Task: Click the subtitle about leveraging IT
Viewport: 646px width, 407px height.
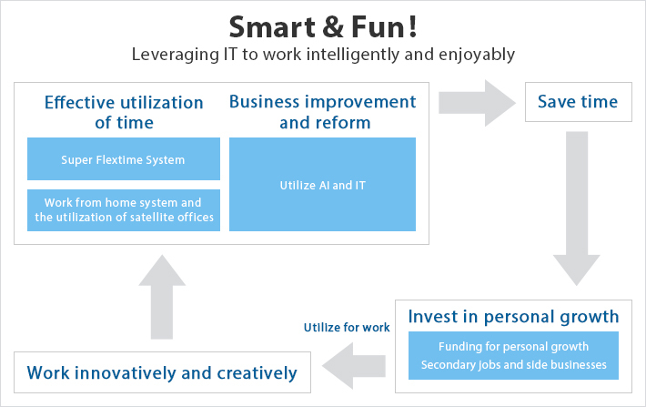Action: point(323,55)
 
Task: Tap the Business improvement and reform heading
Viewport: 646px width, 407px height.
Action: point(322,112)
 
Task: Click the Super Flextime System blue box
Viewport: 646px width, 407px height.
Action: point(124,159)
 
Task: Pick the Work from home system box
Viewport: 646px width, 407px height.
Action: point(124,209)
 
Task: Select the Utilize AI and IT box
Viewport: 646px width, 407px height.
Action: point(322,185)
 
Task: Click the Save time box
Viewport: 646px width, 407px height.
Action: point(578,102)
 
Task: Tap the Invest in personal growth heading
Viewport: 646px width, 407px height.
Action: point(513,317)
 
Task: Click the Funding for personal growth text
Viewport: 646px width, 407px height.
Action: point(513,346)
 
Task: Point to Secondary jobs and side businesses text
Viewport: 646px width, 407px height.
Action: point(513,365)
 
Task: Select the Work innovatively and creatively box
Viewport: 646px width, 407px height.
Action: point(162,372)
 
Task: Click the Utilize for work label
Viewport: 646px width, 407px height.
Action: point(346,327)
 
